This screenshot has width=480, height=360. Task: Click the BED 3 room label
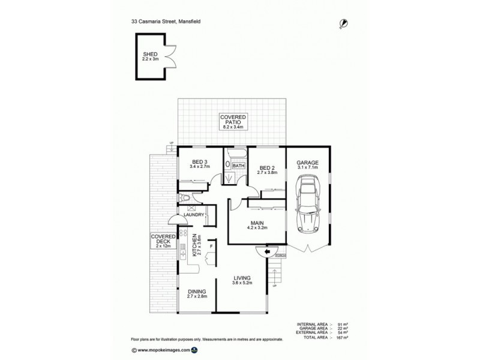tap(200, 162)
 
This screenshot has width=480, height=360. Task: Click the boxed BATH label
tap(238, 166)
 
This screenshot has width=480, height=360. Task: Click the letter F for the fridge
tap(211, 247)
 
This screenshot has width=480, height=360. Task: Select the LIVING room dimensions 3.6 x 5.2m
tap(242, 283)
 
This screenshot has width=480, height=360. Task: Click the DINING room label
tap(196, 290)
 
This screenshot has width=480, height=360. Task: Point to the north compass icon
tap(344, 23)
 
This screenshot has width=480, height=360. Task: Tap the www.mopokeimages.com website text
tap(163, 349)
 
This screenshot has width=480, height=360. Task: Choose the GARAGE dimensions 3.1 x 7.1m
tap(307, 168)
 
